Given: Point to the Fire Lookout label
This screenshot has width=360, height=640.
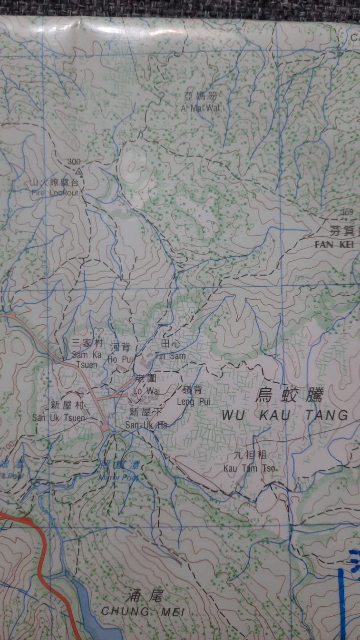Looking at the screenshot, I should (54, 193).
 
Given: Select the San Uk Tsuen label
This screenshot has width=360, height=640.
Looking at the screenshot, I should (58, 417).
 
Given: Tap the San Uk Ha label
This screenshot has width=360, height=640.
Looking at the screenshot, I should (146, 424).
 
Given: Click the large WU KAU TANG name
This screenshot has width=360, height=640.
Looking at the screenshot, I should (285, 415).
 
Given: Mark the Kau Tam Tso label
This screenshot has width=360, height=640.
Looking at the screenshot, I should (249, 468).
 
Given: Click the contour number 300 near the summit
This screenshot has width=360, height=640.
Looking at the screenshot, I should (73, 162).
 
